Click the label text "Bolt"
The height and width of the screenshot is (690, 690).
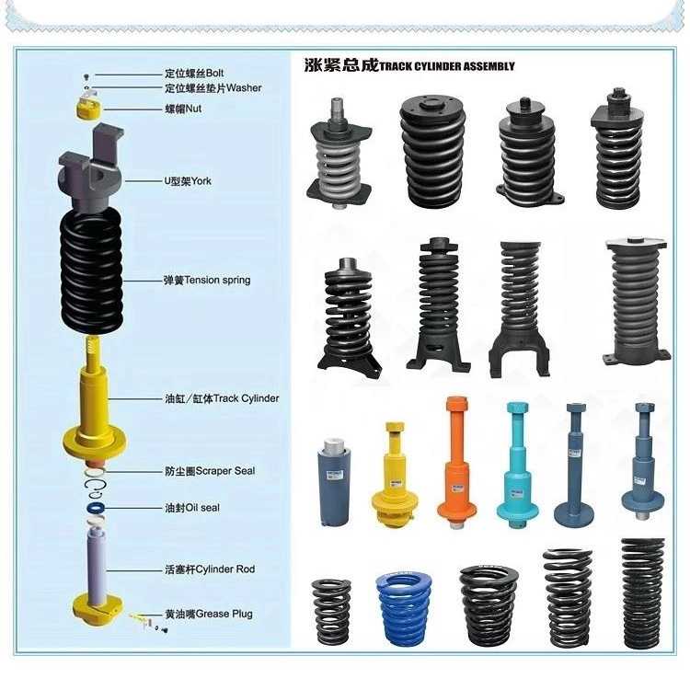tap(214, 73)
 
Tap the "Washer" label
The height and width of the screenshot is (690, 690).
tap(244, 88)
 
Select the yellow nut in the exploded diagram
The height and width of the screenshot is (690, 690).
tap(89, 108)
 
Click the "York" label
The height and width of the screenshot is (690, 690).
tap(201, 181)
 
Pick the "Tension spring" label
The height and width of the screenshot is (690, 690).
tap(217, 281)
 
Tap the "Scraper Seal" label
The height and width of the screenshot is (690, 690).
tap(225, 471)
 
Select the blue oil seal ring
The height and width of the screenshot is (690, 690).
tap(96, 508)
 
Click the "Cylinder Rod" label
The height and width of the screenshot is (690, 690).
tap(225, 569)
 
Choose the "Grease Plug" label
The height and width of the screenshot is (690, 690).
tap(224, 614)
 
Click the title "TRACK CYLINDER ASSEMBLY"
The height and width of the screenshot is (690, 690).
tap(446, 66)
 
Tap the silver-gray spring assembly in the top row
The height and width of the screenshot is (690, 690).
tap(339, 153)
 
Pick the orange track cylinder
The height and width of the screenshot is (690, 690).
tap(456, 462)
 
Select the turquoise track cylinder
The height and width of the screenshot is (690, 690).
tap(517, 465)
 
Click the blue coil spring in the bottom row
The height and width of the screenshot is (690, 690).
tap(404, 609)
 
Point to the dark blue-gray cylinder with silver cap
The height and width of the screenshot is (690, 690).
tap(334, 482)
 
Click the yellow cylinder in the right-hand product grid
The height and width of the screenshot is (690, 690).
tap(395, 475)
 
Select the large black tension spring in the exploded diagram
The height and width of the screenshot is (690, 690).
tap(91, 271)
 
